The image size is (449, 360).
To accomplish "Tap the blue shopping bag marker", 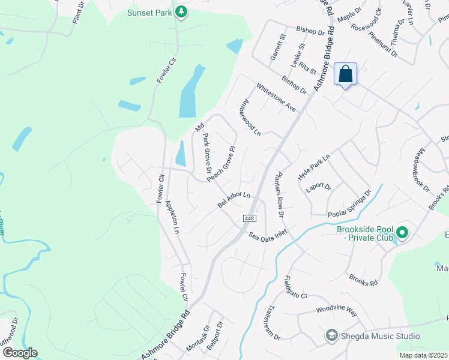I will [345, 74].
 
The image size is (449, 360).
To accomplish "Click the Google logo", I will [20, 353].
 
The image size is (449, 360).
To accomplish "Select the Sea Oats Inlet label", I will [268, 235].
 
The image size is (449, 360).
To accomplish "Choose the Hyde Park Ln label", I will [314, 167].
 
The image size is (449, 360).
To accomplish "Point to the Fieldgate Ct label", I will [295, 288].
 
